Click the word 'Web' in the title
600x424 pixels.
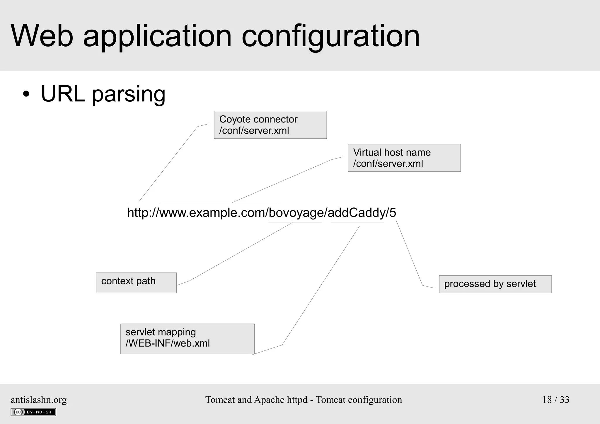(x=42, y=36)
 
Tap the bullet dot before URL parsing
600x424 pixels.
(x=26, y=94)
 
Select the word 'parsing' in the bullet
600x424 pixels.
(x=129, y=94)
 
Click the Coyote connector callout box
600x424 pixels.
(x=270, y=125)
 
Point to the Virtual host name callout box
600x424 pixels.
(x=404, y=158)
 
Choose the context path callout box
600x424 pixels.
(x=136, y=283)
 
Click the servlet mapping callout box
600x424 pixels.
(x=187, y=339)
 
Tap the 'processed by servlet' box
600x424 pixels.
(x=495, y=284)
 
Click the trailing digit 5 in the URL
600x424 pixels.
(x=393, y=213)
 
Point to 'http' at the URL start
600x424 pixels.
(x=138, y=213)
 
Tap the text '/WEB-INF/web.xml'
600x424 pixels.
(x=168, y=343)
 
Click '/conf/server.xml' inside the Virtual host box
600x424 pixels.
(x=388, y=164)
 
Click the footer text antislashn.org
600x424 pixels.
(x=39, y=400)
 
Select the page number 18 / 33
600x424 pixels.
(x=555, y=400)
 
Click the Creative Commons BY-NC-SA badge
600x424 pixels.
(x=33, y=412)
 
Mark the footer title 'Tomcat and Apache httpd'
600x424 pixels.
(x=256, y=400)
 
